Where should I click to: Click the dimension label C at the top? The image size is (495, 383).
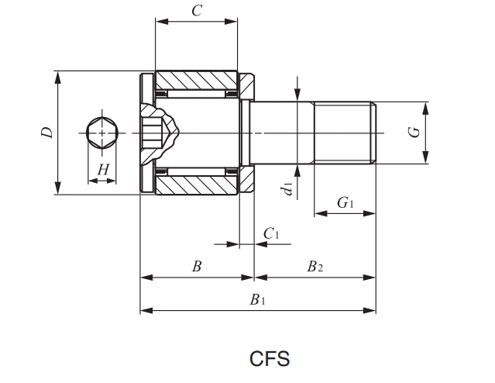[197, 11]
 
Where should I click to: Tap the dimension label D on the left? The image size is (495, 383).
[47, 133]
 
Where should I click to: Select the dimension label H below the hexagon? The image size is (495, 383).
[102, 169]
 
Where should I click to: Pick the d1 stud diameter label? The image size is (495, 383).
[287, 187]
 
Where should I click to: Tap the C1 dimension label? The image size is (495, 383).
[271, 233]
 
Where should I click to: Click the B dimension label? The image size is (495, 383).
[197, 267]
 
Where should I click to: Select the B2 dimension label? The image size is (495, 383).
[315, 267]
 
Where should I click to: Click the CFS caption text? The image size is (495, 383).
[270, 359]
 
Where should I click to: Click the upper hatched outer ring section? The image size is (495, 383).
[197, 81]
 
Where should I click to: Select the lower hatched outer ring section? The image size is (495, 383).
[197, 185]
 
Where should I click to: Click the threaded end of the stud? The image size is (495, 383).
[344, 133]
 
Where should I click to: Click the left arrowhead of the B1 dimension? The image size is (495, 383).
[143, 311]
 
